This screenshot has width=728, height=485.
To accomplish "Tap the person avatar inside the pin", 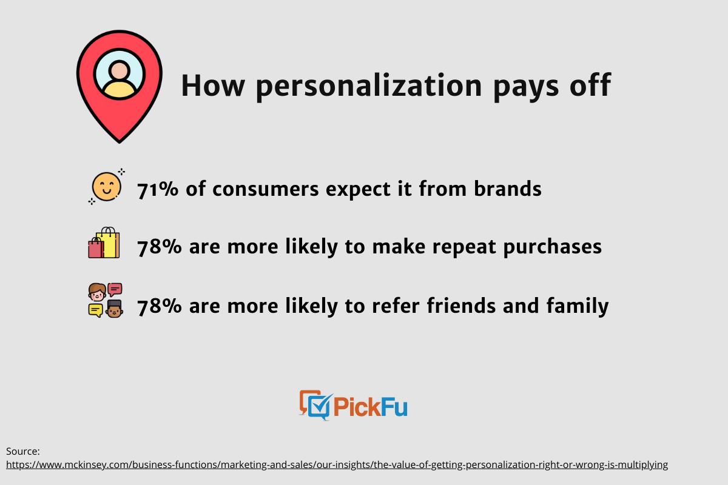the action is tap(120, 75).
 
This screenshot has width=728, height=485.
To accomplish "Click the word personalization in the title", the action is tap(369, 86).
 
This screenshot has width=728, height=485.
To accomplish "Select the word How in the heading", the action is tap(212, 85).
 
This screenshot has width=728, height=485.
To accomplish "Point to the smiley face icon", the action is tap(107, 187).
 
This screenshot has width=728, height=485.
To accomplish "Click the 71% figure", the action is tap(158, 189).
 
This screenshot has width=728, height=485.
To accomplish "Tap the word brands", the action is tap(508, 189).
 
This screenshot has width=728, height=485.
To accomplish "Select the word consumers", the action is tap(265, 189).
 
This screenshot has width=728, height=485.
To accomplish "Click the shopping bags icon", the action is tap(104, 242).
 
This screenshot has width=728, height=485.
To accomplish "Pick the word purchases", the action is tap(553, 247).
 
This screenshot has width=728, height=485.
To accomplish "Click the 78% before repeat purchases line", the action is tap(159, 247).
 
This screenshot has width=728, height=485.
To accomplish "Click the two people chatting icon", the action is tap(106, 300).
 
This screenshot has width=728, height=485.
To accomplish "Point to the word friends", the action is tap(461, 306).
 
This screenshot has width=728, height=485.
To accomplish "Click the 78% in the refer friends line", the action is tap(159, 306).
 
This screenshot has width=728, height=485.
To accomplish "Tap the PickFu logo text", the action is tap(370, 406).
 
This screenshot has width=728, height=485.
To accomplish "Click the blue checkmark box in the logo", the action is tap(319, 407).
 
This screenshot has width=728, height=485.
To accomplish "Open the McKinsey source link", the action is tap(337, 465).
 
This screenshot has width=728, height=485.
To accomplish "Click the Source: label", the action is tap(23, 451).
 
